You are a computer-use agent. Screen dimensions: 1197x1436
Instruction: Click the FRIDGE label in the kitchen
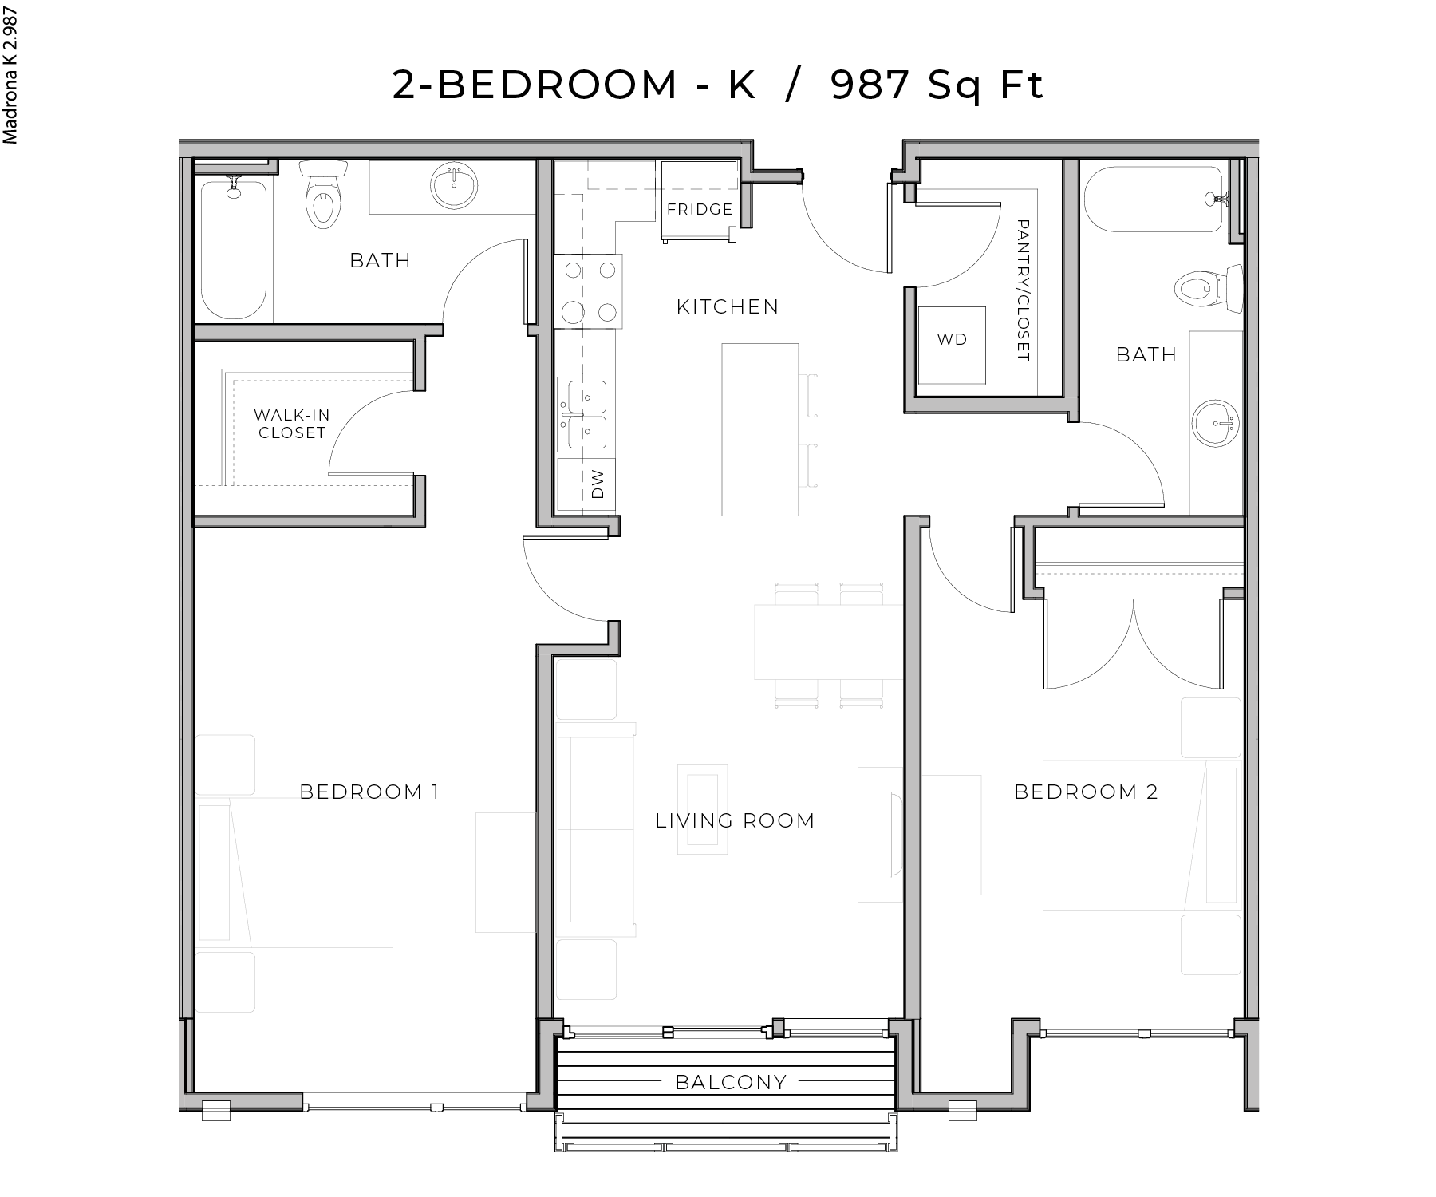coord(700,209)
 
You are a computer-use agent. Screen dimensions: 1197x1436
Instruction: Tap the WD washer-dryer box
coord(951,339)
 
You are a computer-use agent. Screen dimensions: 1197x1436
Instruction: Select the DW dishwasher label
coord(598,484)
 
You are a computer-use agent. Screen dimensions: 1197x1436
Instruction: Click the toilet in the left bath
coord(322,195)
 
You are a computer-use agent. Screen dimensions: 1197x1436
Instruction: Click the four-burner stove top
coord(589,290)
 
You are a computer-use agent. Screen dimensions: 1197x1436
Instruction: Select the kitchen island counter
coord(759,429)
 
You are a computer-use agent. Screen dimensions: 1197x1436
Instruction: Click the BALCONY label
coord(731,1082)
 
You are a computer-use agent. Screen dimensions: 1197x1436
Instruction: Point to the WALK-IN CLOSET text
coord(291,424)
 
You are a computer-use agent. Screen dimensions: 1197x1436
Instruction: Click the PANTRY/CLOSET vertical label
coord(1024,291)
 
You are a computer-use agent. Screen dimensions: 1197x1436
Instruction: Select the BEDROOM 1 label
coord(369,792)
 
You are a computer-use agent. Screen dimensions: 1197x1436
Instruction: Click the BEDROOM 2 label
coord(1085,792)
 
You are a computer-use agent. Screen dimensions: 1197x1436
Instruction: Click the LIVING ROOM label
coord(735,820)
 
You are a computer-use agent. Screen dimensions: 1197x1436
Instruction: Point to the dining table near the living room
coord(828,642)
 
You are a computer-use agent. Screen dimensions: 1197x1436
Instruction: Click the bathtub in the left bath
coord(233,249)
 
